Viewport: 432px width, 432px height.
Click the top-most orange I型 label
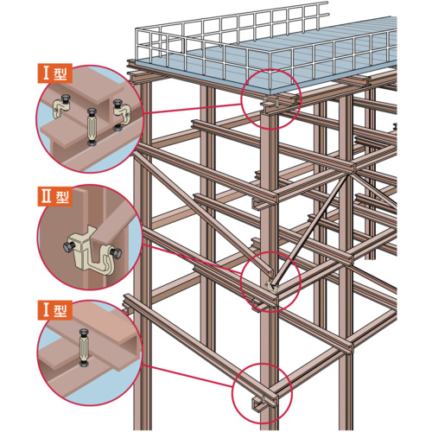tap(55, 73)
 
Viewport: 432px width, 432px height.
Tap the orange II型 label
tap(55, 196)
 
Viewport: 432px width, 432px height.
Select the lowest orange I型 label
tap(55, 310)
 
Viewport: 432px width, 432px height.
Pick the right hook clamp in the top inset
tap(122, 115)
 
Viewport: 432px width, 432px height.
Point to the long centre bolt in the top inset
tap(92, 127)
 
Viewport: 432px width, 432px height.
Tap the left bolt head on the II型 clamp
tap(69, 247)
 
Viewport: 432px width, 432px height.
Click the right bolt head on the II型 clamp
tap(116, 253)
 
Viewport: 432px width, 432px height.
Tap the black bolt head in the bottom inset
tap(84, 332)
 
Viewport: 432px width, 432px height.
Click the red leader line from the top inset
tap(193, 109)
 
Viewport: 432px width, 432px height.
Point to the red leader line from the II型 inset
tap(193, 258)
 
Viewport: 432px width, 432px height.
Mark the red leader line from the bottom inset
tap(187, 376)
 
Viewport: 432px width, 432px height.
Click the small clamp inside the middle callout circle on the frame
tap(271, 287)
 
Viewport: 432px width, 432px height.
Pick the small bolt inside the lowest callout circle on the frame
tap(264, 400)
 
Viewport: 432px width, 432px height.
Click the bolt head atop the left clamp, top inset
tap(65, 99)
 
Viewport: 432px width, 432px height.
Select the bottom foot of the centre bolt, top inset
tap(92, 143)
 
